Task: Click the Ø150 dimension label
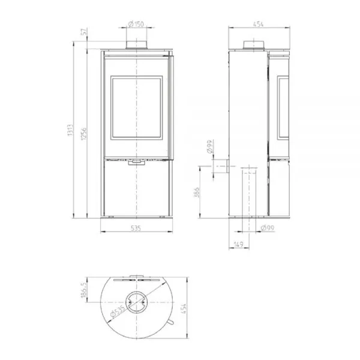pos(136,24)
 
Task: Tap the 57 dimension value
pos(84,31)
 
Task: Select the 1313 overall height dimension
pos(70,130)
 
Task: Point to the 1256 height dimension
pos(84,134)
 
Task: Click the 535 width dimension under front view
pos(136,228)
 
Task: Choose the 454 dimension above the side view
pos(258,24)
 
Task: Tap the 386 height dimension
pos(197,193)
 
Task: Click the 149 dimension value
pos(239,244)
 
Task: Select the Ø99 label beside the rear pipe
pos(210,146)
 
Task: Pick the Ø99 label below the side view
pos(268,228)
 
